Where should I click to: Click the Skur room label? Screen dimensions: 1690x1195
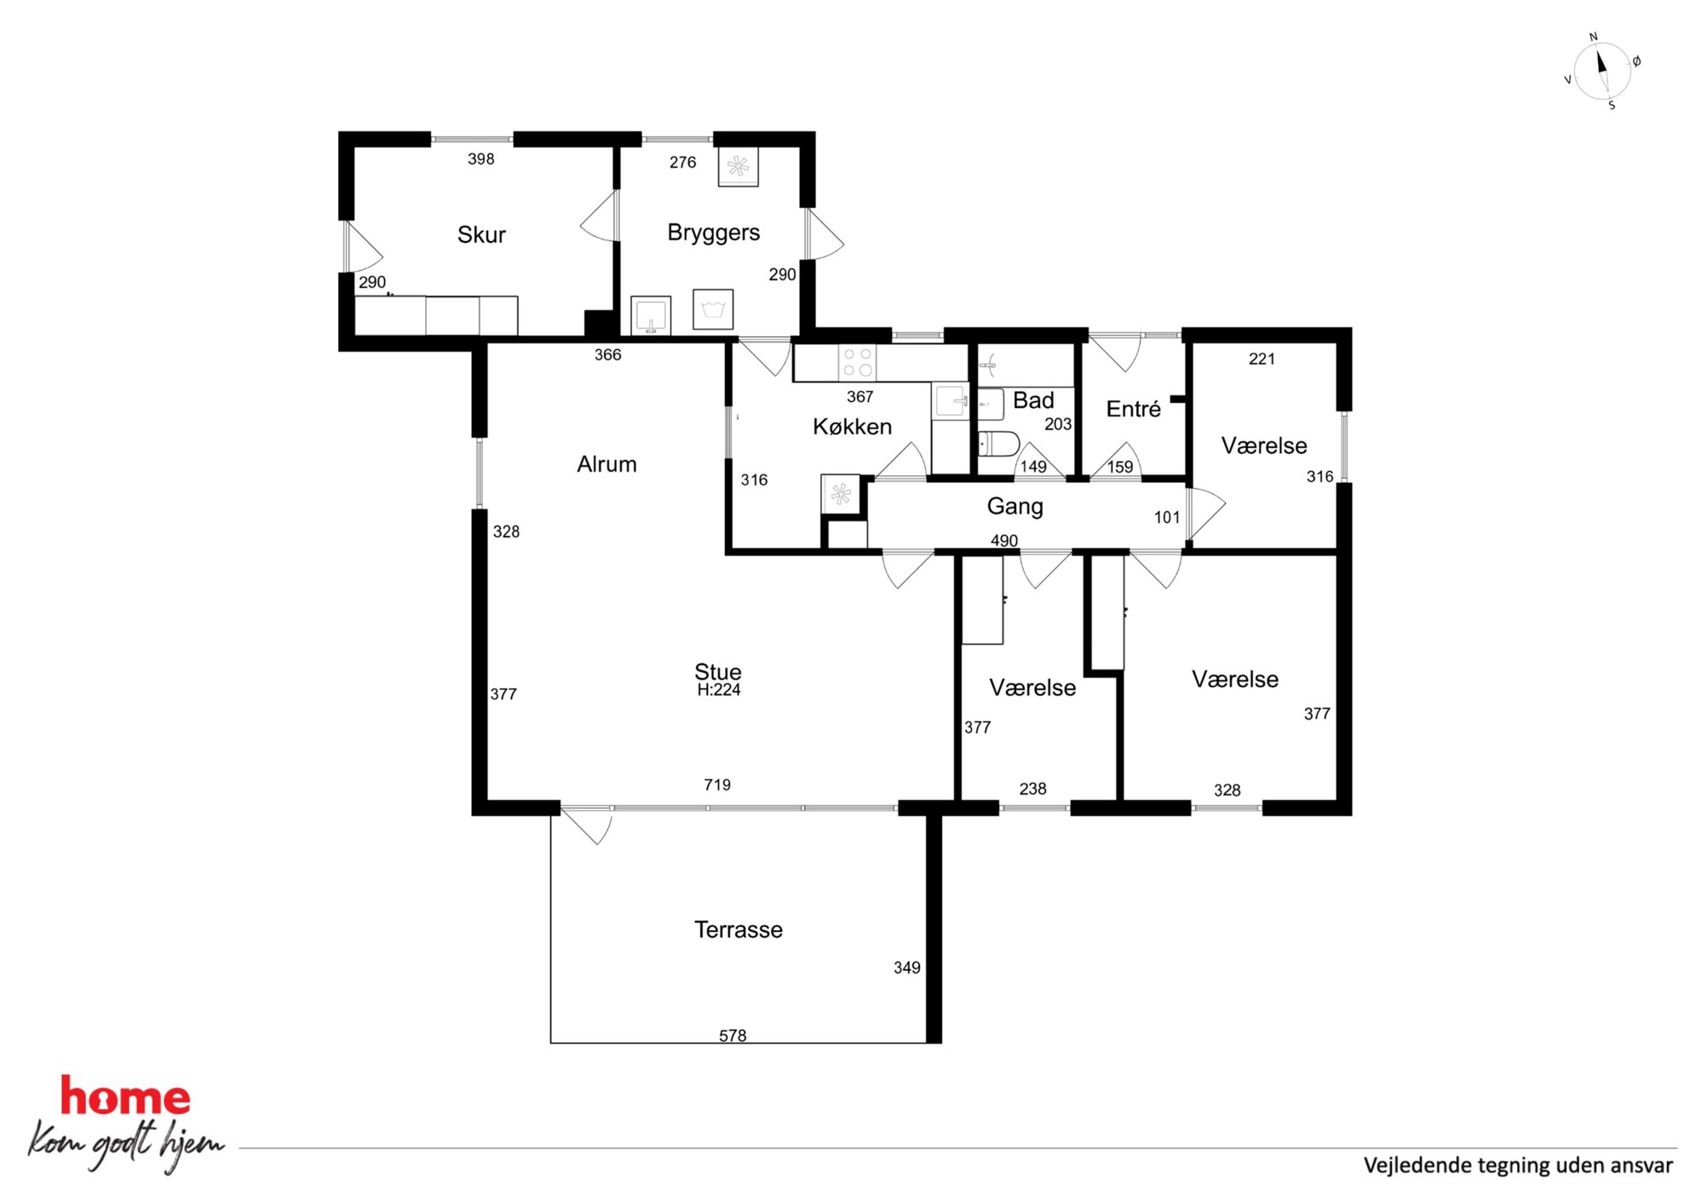tap(481, 234)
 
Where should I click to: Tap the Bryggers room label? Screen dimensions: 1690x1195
tap(714, 233)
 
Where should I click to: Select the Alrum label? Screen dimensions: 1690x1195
tap(606, 464)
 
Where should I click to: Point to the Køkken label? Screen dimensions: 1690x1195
tap(852, 427)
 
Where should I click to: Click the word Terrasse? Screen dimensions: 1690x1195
tap(739, 929)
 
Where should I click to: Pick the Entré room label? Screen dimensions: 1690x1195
tap(1133, 409)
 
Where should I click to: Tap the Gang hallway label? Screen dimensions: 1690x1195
tap(1015, 507)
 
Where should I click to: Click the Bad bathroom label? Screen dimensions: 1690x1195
tap(1033, 399)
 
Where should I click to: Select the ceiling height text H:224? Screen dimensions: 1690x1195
tap(719, 690)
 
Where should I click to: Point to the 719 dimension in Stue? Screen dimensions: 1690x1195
tap(717, 784)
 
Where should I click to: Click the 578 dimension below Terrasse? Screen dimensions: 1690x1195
tap(733, 1036)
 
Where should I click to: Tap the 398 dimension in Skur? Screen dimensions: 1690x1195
tap(481, 158)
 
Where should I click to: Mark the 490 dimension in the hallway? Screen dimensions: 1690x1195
tap(1004, 541)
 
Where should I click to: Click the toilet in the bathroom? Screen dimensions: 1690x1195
tap(998, 444)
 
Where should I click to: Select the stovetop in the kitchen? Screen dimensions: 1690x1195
tap(858, 362)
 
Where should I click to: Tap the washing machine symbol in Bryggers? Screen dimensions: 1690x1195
tap(713, 308)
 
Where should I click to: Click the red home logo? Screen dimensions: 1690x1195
tap(125, 1096)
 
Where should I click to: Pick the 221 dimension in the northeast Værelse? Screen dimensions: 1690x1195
tap(1262, 359)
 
